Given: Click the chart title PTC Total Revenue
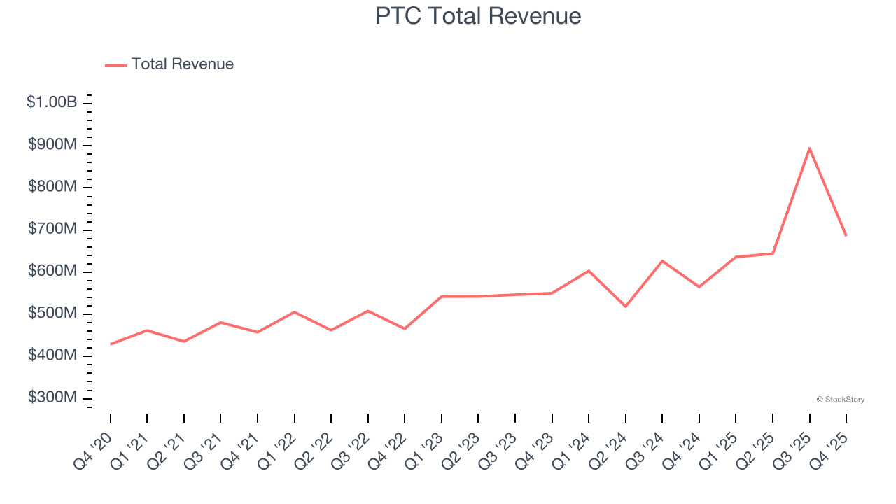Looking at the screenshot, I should click(478, 16).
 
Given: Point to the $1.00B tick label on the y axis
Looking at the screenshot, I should click(52, 102).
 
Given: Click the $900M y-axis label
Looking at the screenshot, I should click(52, 145).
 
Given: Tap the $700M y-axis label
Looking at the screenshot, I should click(52, 229).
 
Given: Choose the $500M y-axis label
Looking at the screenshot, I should click(52, 313).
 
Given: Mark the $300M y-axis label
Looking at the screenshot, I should click(52, 398).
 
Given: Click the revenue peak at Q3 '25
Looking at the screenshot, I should click(809, 148).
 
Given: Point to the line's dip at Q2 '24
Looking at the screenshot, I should click(625, 307).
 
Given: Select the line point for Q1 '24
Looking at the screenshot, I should click(589, 270).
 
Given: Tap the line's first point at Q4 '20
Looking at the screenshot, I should click(111, 344).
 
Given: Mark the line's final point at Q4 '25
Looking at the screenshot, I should click(846, 235).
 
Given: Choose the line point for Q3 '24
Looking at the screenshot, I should click(662, 261).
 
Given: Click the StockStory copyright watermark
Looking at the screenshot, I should click(840, 400).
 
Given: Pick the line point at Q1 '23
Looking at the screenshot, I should click(442, 296).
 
